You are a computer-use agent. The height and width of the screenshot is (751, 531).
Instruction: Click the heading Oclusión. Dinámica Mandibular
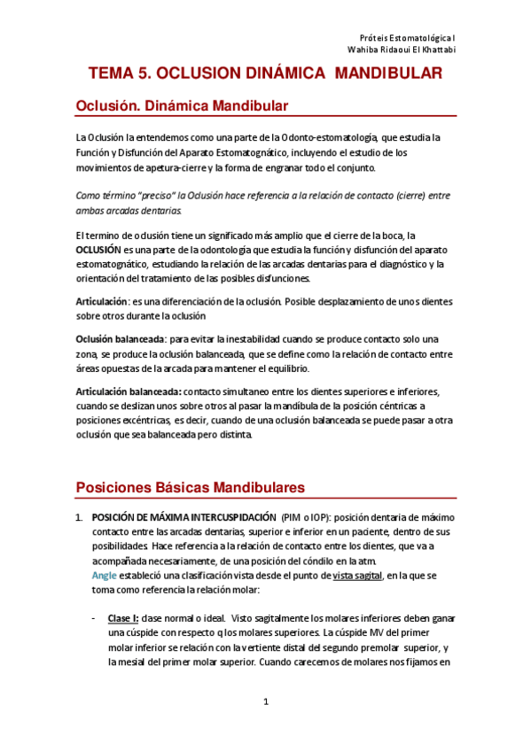pyautogui.click(x=182, y=105)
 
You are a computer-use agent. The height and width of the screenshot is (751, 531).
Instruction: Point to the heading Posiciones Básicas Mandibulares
pyautogui.click(x=191, y=487)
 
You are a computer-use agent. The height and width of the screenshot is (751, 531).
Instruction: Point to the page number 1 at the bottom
pyautogui.click(x=265, y=702)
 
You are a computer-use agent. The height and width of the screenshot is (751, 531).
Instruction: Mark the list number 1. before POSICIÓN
pyautogui.click(x=79, y=516)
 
